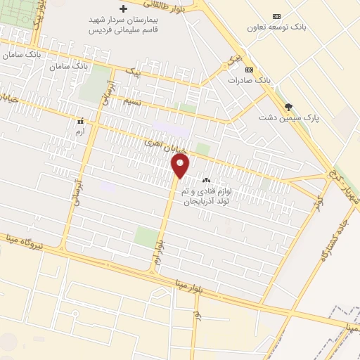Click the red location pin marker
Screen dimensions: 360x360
180,167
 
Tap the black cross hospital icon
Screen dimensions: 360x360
124,9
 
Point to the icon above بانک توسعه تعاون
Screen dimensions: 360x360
276,16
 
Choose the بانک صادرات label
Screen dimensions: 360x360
249,80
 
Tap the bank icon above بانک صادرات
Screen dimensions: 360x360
248,70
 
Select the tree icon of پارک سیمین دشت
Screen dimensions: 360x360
288,107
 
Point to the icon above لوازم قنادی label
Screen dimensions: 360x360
207,181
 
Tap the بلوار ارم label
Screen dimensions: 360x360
161,252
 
